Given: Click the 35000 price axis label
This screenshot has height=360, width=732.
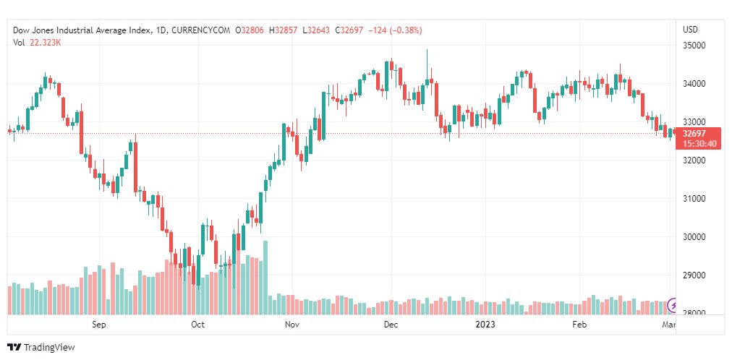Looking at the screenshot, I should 694,46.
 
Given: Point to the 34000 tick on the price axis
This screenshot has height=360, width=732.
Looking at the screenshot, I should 694,84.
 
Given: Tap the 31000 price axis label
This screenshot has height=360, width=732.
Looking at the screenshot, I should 694,199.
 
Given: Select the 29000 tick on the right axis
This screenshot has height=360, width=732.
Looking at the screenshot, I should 694,275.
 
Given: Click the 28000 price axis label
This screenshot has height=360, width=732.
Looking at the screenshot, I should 694,314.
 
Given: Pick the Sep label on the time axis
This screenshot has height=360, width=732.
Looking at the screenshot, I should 99,325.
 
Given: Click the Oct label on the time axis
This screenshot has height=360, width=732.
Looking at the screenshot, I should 197,325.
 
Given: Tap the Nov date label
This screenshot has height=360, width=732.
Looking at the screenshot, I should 292,325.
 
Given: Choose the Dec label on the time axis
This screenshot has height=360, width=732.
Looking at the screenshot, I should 391,325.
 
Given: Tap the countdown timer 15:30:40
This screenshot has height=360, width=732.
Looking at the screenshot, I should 695,144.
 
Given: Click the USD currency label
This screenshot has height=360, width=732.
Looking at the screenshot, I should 690,30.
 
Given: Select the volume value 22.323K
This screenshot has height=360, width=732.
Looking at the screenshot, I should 45,43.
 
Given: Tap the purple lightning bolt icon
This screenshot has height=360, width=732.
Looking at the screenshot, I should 673,306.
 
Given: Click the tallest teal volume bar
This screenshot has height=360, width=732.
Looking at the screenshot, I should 265,278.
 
